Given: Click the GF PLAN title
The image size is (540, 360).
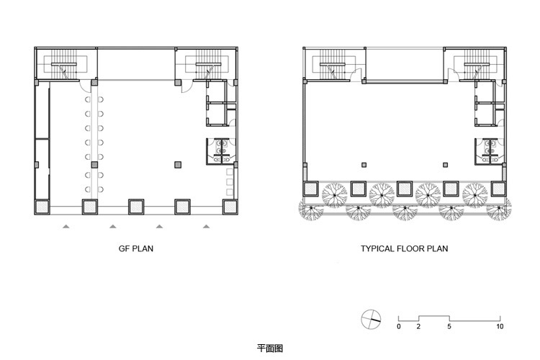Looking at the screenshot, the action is tap(135, 248).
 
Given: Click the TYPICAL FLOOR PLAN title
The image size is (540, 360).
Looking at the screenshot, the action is tap(405, 248).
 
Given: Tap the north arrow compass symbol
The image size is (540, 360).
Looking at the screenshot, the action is tap(371, 320).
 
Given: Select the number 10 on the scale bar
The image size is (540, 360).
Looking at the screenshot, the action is tap(500, 326).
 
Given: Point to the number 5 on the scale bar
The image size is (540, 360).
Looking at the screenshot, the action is tap(449, 326).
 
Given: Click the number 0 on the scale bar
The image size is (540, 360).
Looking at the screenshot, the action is tap(399, 326).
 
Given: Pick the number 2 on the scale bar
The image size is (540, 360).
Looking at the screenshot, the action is tap(418, 326).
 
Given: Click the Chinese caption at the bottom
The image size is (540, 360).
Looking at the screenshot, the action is tap(270, 348).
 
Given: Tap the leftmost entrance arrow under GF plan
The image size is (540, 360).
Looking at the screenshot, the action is tap(66, 226).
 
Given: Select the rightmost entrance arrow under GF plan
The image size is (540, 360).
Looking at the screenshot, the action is tap(206, 226).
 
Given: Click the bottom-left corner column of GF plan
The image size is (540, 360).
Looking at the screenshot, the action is tap(42, 207).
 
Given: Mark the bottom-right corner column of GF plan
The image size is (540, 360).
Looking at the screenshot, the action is tap(230, 207).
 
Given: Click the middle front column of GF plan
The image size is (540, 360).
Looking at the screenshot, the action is tap(136, 207).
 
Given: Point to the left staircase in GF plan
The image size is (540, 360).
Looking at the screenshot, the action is tap(64, 64).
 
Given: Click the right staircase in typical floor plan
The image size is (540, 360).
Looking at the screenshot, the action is tap(474, 64).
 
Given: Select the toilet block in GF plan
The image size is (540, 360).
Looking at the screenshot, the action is tap(221, 150).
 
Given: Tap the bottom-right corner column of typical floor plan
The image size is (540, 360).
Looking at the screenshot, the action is tap(499, 189).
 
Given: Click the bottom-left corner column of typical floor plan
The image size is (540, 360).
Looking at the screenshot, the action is tap(311, 189).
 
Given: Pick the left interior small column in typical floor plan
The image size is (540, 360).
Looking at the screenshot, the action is tap(364, 165).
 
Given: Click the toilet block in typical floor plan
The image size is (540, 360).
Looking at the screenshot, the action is tap(490, 150).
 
